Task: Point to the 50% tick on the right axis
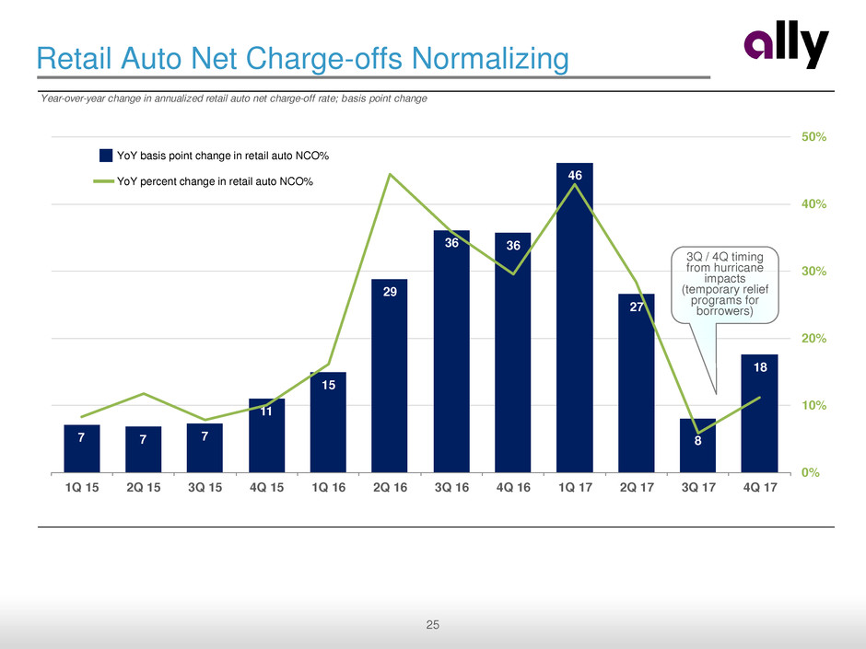point(813,136)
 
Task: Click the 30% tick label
point(813,272)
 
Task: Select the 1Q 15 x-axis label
point(82,488)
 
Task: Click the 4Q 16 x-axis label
point(513,488)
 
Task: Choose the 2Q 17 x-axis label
point(637,488)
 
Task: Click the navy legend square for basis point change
point(106,155)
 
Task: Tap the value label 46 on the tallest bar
point(575,175)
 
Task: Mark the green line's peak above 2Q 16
point(390,174)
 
